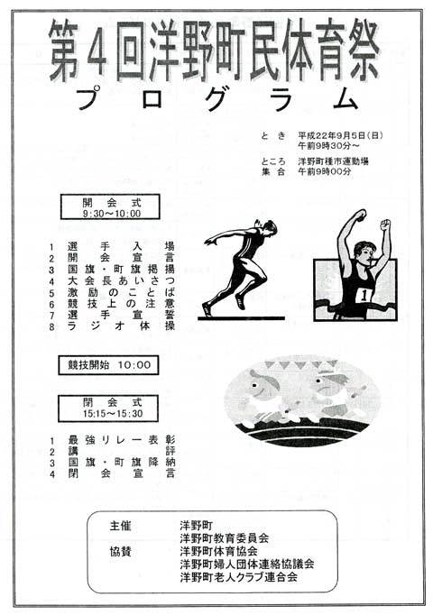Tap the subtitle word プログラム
click(x=216, y=99)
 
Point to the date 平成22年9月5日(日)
click(x=340, y=135)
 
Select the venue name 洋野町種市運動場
click(x=333, y=161)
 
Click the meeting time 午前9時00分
click(x=325, y=171)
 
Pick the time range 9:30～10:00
click(x=112, y=214)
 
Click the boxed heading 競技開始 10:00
click(x=108, y=365)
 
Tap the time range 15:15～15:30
click(x=113, y=413)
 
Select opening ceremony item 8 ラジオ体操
click(x=121, y=326)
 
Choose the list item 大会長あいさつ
click(x=121, y=280)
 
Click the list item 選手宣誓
click(x=121, y=315)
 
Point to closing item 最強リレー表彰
click(x=121, y=440)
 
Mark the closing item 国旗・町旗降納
click(x=121, y=463)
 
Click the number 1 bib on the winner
click(x=365, y=296)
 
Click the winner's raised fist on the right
click(x=385, y=225)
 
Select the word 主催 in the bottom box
click(x=120, y=526)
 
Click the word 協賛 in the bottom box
click(x=120, y=552)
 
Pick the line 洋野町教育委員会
click(x=225, y=538)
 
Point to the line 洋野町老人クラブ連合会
click(x=239, y=577)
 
